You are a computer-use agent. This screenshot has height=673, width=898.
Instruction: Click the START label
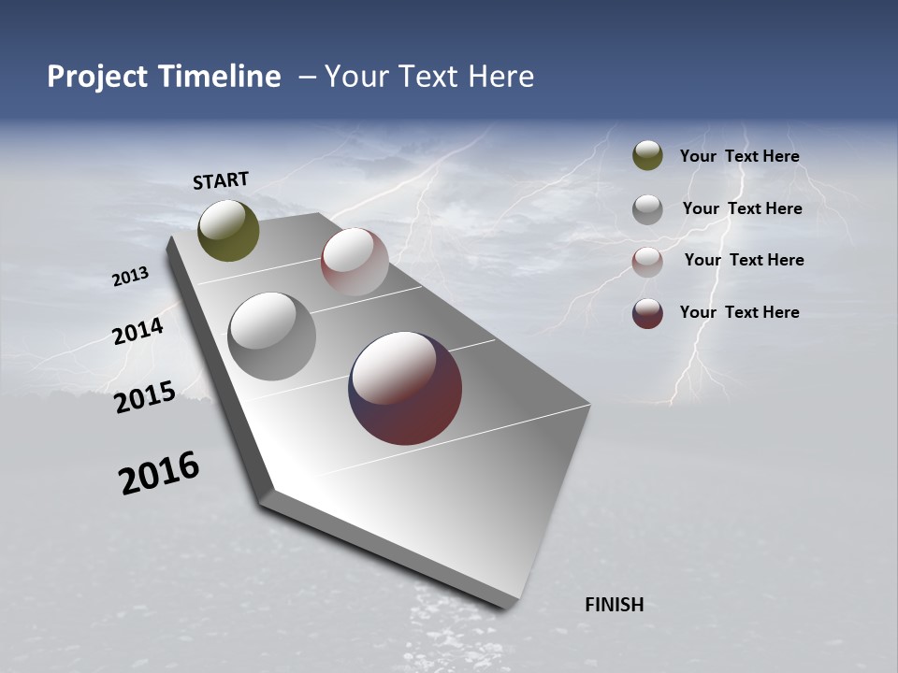click(x=221, y=180)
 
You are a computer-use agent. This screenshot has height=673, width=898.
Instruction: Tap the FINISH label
click(x=614, y=605)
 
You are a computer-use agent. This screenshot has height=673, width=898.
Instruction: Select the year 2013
click(x=130, y=277)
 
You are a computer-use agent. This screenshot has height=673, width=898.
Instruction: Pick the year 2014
click(x=138, y=331)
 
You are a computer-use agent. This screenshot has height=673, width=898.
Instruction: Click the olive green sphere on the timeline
click(x=228, y=230)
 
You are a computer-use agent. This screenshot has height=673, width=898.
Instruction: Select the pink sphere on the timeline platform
click(x=355, y=262)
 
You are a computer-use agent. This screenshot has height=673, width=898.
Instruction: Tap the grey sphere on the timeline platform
click(x=272, y=336)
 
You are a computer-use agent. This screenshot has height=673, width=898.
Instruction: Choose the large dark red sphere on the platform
click(x=405, y=388)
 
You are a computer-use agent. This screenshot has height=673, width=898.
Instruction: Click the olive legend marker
click(x=647, y=155)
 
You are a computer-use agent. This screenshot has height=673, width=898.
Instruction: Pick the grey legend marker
click(x=647, y=209)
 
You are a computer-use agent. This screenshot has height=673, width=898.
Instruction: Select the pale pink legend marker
click(x=647, y=262)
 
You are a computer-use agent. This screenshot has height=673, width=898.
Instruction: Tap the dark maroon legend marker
click(x=647, y=313)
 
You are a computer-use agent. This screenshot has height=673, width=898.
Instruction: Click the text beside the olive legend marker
click(x=739, y=156)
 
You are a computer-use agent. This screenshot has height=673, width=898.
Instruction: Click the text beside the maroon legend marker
click(x=739, y=312)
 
